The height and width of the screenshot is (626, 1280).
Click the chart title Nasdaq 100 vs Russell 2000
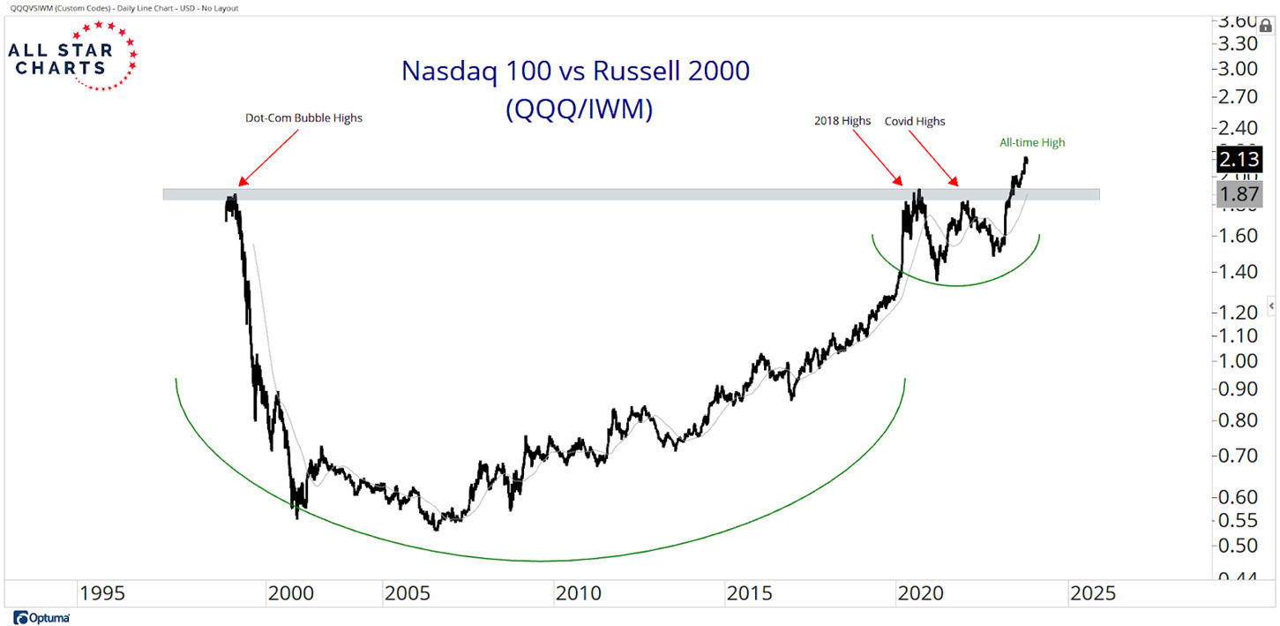(x=575, y=71)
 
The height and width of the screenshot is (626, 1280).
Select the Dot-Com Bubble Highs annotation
(x=303, y=118)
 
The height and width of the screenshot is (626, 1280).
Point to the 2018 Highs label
(x=842, y=121)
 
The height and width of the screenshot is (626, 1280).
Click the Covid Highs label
(x=915, y=121)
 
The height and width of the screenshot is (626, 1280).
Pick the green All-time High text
(x=1033, y=142)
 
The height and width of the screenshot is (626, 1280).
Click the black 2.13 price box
(x=1239, y=160)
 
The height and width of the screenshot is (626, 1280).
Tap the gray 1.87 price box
(x=1239, y=195)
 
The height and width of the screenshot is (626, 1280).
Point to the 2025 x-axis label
(x=1092, y=592)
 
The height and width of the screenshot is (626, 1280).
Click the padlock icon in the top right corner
(x=1266, y=26)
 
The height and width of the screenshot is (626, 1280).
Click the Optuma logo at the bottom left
(x=42, y=617)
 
